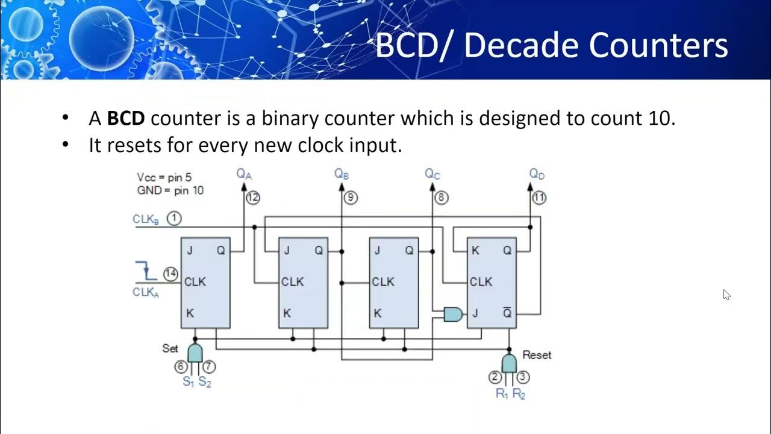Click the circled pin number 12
[253, 198]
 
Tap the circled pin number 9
[350, 198]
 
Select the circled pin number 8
[442, 198]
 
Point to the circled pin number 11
[539, 198]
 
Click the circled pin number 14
[171, 274]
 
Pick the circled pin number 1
[174, 219]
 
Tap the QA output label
[243, 174]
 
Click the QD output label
[537, 174]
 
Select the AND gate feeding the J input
[453, 313]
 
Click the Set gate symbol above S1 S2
[195, 353]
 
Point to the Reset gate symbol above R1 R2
[509, 363]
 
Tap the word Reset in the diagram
[537, 355]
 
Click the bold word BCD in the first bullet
[126, 118]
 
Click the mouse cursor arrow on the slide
[726, 295]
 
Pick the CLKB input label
[146, 219]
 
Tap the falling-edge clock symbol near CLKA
[147, 271]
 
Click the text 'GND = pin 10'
[170, 190]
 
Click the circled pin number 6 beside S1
[181, 366]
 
